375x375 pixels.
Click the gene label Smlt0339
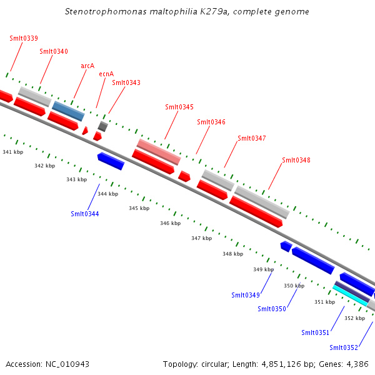coord(24,38)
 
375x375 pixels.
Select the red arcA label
coord(87,66)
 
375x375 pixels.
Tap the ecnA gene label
coord(106,74)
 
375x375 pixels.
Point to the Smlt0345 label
coord(179,107)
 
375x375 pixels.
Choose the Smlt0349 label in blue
coord(246,295)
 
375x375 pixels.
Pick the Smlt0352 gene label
coord(344,347)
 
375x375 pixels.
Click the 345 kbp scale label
coord(139,208)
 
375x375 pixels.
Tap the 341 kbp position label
coord(13,152)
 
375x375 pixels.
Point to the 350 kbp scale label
coord(294,286)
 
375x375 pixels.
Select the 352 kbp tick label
coord(355,318)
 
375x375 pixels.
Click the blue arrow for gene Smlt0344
coord(111,161)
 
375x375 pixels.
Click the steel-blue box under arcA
coord(68,111)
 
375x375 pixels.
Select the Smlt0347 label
coord(252,138)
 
